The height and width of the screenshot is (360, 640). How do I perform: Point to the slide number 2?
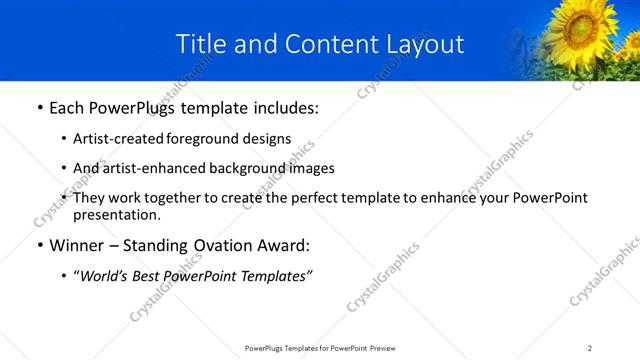tap(590, 348)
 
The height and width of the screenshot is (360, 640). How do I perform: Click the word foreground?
tap(214, 139)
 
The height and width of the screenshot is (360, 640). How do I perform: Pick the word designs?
tap(271, 139)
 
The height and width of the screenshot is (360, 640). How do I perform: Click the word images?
tap(311, 168)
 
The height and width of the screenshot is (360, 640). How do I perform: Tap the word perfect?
tap(305, 198)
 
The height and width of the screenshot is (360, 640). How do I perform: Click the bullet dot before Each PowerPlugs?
tap(39, 108)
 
